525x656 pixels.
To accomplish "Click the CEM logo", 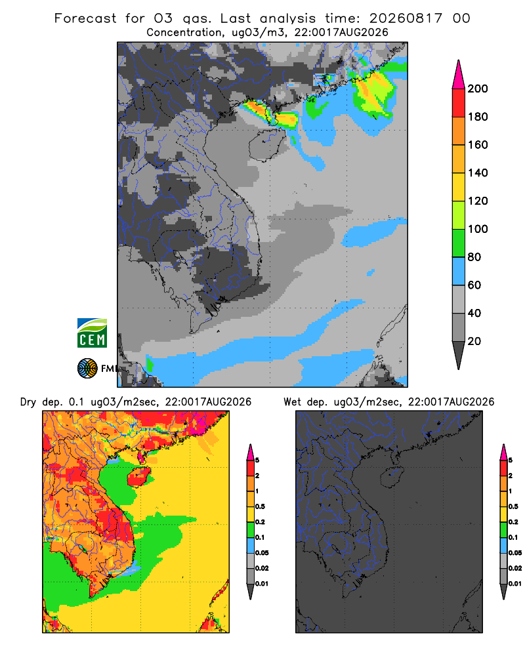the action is coord(92,333).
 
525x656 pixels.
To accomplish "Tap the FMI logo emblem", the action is coord(87,369).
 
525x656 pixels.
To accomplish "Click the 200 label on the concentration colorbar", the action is coord(478,89).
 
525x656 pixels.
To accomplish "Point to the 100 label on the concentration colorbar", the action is coord(478,229).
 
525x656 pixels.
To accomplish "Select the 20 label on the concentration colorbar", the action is coord(474,341).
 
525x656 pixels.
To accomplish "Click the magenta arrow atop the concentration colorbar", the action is coord(459,75).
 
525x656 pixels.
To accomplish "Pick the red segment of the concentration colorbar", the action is coord(459,103).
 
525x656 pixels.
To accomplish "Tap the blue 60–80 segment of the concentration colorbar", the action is coord(459,271).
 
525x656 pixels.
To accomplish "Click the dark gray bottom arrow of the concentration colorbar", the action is coord(459,356).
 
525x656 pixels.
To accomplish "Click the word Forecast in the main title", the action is coord(85,18).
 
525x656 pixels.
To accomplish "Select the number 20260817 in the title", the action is coord(406,18).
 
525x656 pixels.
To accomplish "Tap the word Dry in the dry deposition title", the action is coord(28,402).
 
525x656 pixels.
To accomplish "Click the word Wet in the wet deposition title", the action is coord(292,402).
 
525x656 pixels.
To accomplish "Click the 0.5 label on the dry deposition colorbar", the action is coord(260,506).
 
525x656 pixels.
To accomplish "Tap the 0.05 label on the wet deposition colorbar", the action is coord(515,553).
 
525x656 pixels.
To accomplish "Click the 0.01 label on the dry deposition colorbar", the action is coord(262,584).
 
